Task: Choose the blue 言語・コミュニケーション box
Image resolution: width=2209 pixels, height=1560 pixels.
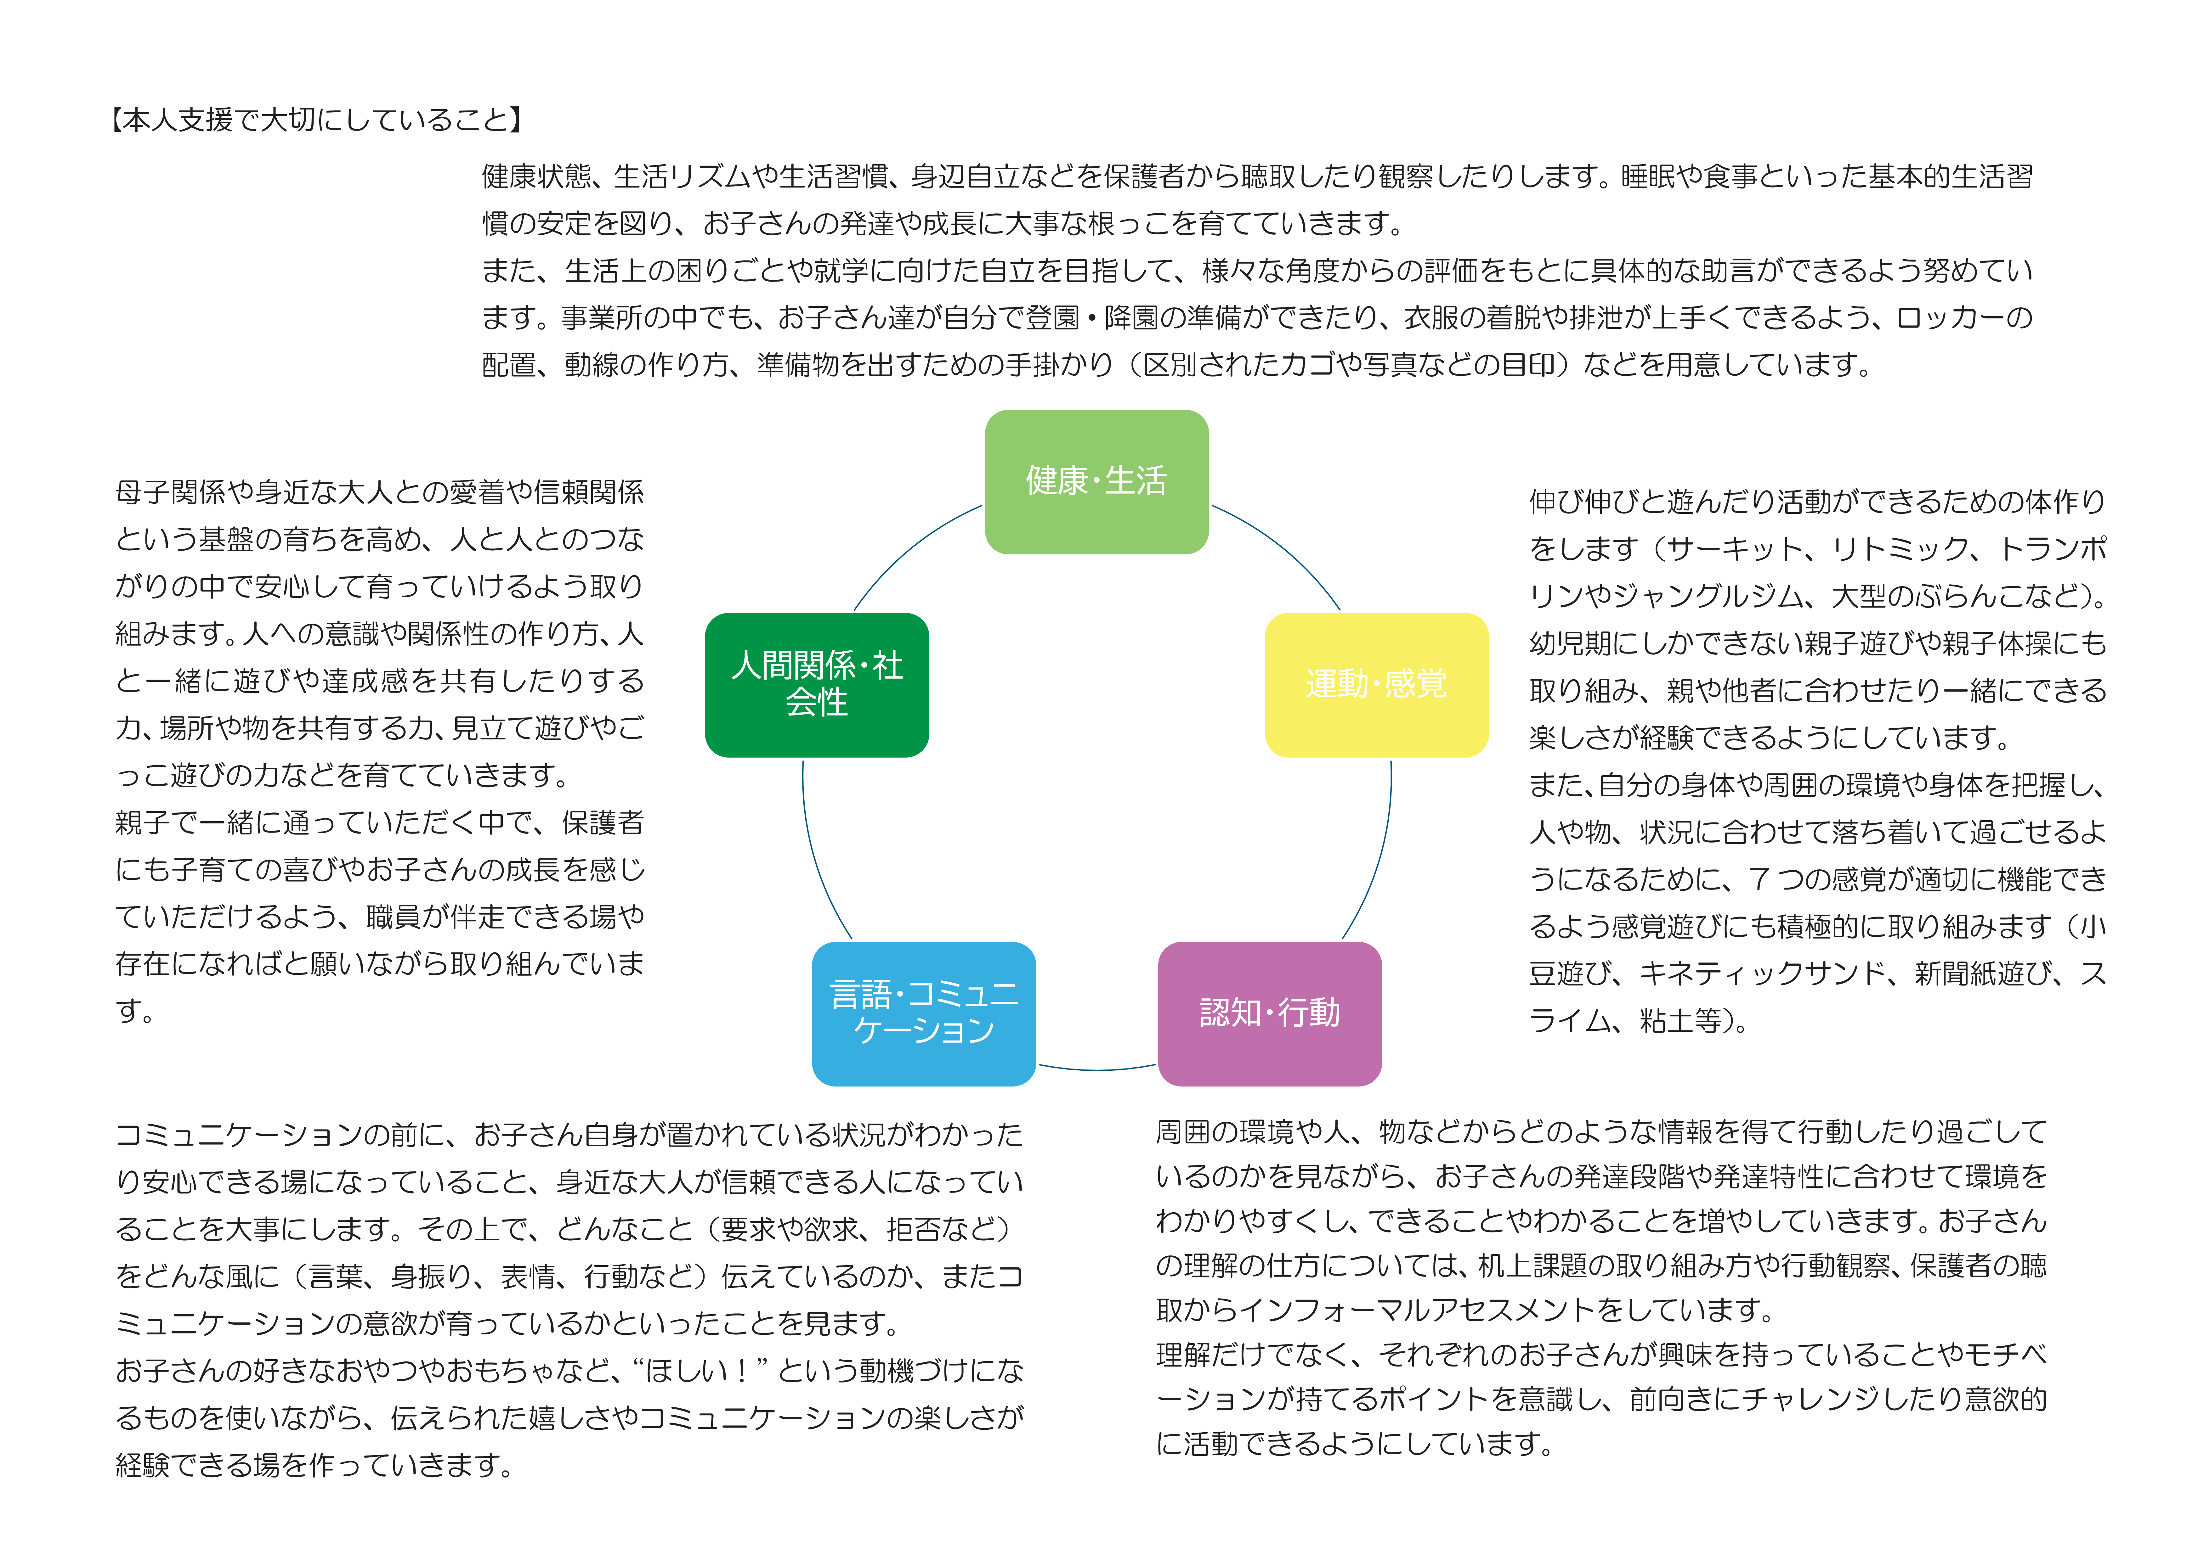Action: pos(924,1014)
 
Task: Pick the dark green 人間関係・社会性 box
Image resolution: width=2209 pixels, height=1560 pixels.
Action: pos(817,685)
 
